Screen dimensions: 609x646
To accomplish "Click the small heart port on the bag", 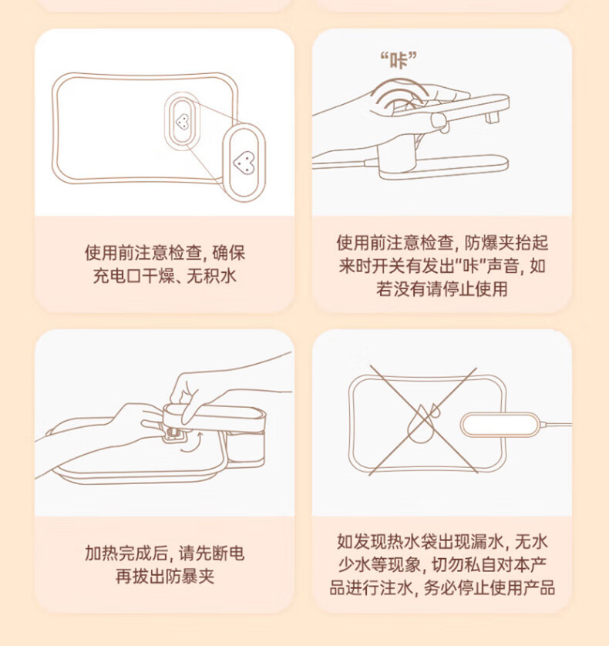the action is [182, 122].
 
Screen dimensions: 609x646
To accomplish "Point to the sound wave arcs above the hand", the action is [399, 94].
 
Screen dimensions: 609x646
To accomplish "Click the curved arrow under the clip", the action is [193, 444].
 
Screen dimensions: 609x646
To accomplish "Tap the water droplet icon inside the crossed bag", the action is [422, 423].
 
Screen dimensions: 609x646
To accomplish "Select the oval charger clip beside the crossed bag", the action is [500, 424].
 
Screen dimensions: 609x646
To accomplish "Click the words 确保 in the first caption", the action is [229, 253].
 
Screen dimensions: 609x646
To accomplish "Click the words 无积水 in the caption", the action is [212, 276].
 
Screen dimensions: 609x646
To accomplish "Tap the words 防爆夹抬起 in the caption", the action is [506, 243].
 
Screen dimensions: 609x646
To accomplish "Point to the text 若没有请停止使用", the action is [442, 289].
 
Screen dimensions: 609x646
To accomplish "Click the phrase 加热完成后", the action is [126, 553].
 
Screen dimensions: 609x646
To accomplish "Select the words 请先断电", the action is [212, 553].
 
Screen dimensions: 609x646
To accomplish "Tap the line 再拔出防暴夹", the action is [165, 576].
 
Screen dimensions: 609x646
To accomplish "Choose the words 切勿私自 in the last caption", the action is [464, 564].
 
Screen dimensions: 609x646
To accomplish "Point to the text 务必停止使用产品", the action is [489, 587].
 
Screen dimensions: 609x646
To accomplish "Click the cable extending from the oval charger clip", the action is [556, 423].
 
